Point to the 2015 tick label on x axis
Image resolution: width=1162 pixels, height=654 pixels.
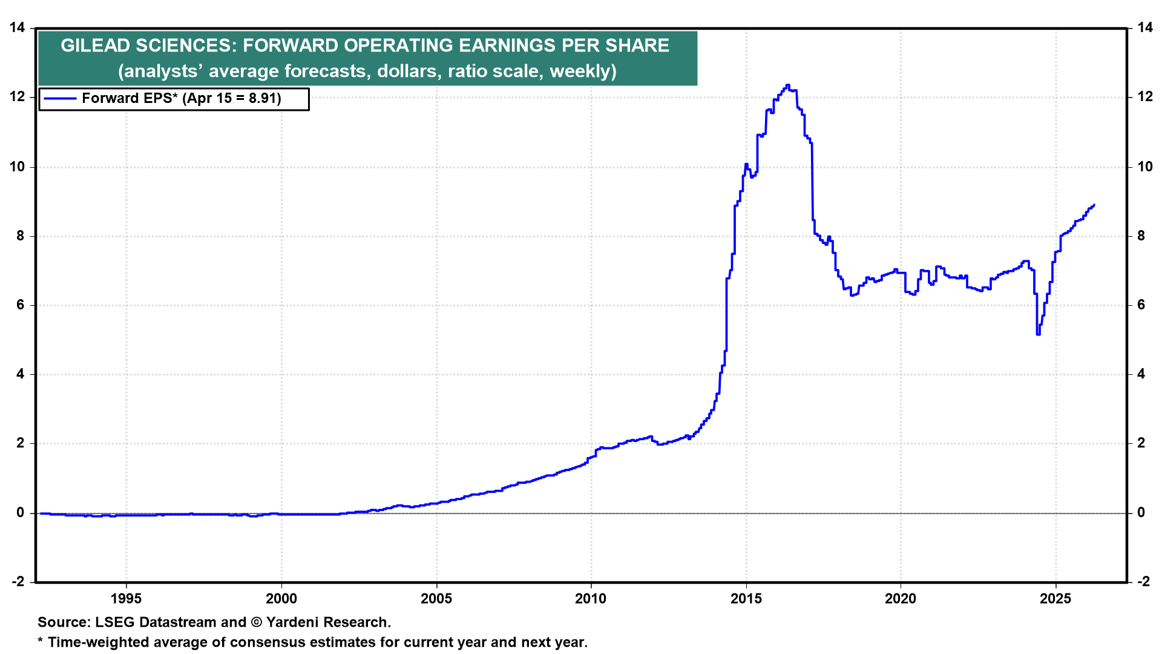tap(746, 599)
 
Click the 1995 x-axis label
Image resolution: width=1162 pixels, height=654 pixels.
tap(126, 599)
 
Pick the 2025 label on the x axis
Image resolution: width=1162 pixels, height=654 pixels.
tap(1055, 599)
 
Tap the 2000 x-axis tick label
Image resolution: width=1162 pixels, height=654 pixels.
tap(281, 599)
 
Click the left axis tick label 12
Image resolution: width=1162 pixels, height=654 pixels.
tap(17, 97)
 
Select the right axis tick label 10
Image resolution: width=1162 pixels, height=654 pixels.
tap(1144, 167)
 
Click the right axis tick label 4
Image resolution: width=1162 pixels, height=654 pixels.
tap(1141, 374)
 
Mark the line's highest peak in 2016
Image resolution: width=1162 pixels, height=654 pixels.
tap(787, 85)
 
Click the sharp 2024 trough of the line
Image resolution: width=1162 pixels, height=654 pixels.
tap(1038, 334)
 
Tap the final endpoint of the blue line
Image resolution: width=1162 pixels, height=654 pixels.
tap(1094, 205)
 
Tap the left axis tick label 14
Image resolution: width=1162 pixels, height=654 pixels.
tap(17, 28)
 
